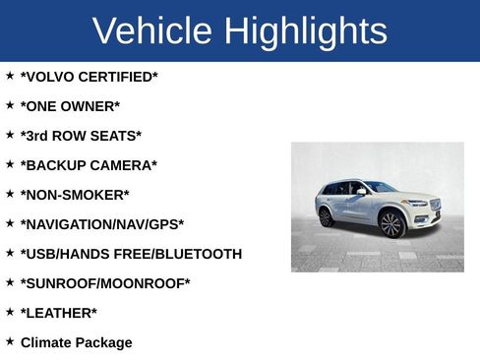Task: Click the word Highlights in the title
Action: tap(305, 31)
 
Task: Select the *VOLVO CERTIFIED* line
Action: tap(89, 77)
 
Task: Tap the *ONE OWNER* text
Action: tap(70, 106)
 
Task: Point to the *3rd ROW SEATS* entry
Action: tap(81, 136)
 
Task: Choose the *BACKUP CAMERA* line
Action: tap(89, 165)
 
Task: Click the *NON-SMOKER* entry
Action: tap(75, 195)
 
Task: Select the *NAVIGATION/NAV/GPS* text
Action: tap(102, 224)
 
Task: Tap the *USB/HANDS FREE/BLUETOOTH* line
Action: tap(131, 254)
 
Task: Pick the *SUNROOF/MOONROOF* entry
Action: tap(105, 283)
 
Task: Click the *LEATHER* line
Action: tap(59, 313)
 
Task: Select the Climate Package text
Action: tap(76, 342)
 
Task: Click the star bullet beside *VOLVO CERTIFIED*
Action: tap(10, 75)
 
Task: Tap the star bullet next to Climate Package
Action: tap(10, 340)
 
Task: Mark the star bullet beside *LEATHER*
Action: tap(10, 311)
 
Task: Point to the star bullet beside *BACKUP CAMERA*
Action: tap(10, 163)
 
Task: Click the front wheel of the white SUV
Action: tap(391, 224)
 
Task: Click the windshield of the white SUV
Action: tap(380, 187)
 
